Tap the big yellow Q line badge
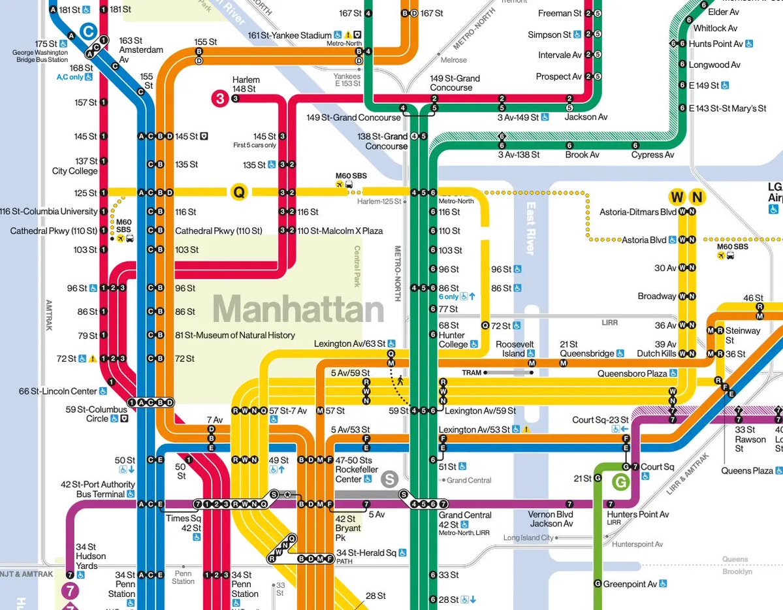pos(240,192)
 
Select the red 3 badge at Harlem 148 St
pos(220,99)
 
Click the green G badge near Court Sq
pos(620,483)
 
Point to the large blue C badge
pos(89,30)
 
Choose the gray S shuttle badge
pos(390,479)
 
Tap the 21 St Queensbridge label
pos(586,349)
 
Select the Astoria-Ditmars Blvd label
pos(638,212)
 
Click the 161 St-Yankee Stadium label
pos(291,35)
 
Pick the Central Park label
pos(357,266)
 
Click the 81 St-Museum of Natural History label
pos(235,335)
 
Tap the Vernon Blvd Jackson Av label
pos(551,519)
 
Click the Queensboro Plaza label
pos(632,374)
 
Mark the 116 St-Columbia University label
pos(48,212)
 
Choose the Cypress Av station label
pos(652,155)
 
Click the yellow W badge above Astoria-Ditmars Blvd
pos(677,197)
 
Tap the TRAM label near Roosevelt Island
pos(471,373)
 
